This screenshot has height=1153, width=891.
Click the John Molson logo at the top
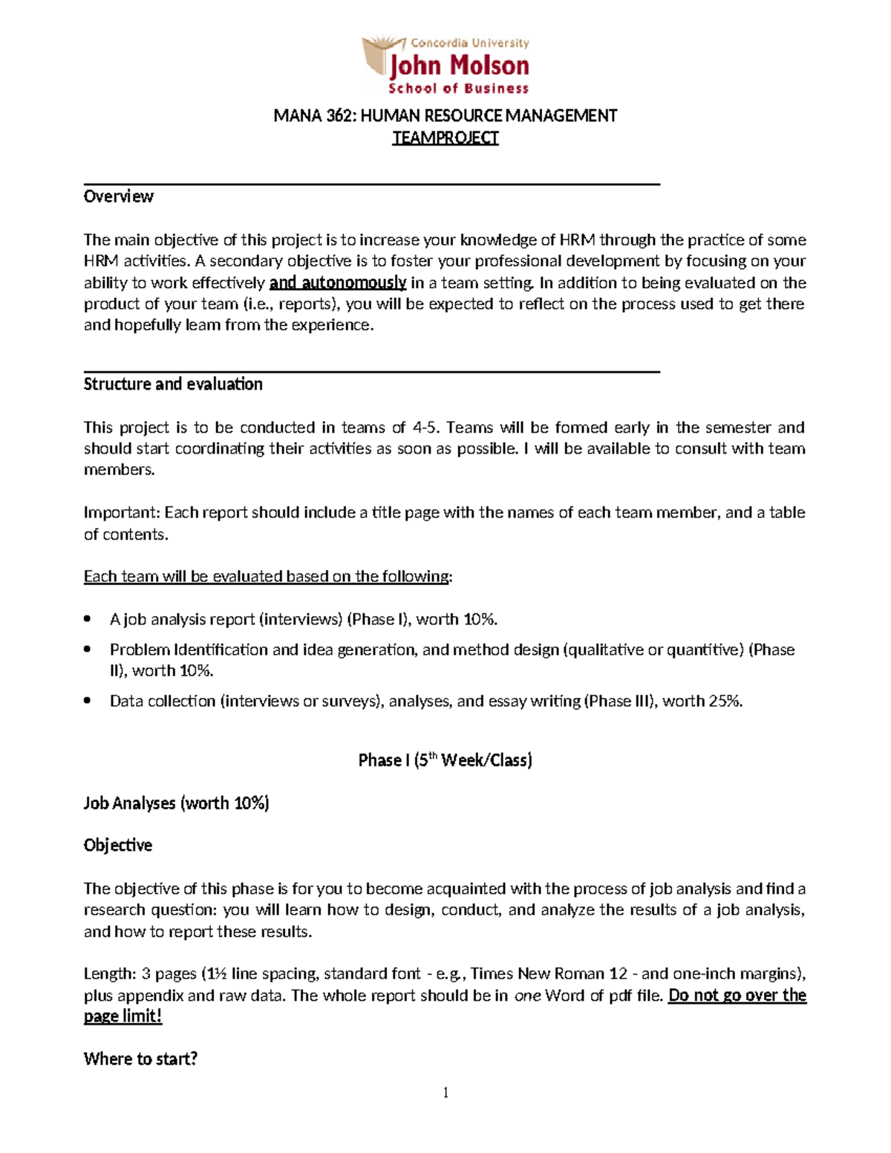pyautogui.click(x=446, y=66)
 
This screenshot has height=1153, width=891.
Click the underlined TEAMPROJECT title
pyautogui.click(x=446, y=138)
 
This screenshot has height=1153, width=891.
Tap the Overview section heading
pyautogui.click(x=119, y=197)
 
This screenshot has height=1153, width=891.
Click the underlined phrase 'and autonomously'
pyautogui.click(x=338, y=283)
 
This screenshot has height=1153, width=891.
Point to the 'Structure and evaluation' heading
pyautogui.click(x=173, y=385)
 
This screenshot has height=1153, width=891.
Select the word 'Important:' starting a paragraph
pyautogui.click(x=122, y=513)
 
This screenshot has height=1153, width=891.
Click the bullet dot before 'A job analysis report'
pyautogui.click(x=88, y=618)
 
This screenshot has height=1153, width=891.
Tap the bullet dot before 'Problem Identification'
pyautogui.click(x=88, y=649)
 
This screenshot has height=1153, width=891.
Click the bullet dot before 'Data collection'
pyautogui.click(x=88, y=700)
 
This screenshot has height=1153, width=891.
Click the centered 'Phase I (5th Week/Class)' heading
pyautogui.click(x=446, y=760)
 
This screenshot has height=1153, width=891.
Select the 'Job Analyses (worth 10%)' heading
pyautogui.click(x=176, y=803)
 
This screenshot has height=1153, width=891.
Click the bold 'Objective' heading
pyautogui.click(x=118, y=846)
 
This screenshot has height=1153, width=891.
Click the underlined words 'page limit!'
pyautogui.click(x=123, y=1016)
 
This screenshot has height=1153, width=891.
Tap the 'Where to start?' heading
pyautogui.click(x=140, y=1059)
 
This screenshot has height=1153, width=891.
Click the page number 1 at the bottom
pyautogui.click(x=446, y=1092)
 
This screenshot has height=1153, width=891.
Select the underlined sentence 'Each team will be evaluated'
pyautogui.click(x=267, y=577)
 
